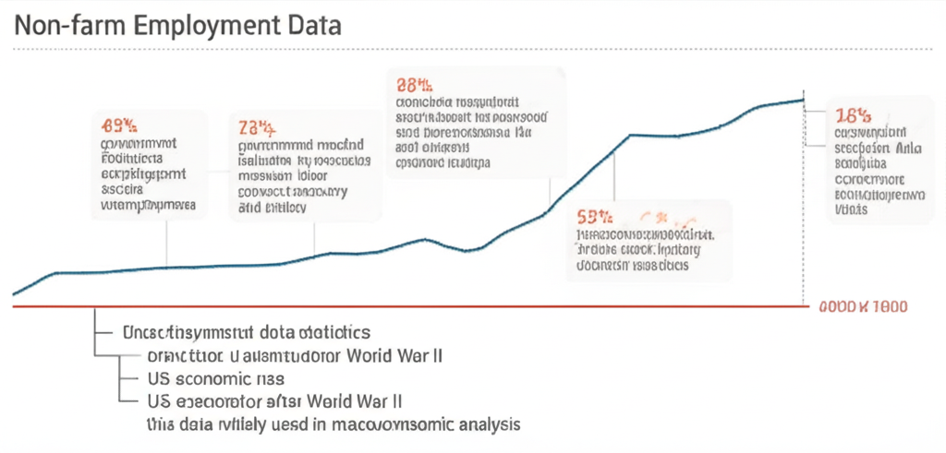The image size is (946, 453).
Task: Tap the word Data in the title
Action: tap(312, 25)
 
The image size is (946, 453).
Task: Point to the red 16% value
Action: tap(852, 116)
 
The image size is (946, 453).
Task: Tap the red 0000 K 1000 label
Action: tap(863, 306)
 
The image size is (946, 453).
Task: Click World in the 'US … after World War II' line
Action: tap(337, 401)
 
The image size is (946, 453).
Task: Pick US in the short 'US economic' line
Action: tap(159, 378)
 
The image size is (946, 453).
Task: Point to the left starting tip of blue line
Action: tap(14, 294)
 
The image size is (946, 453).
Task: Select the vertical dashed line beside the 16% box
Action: tap(806, 203)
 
